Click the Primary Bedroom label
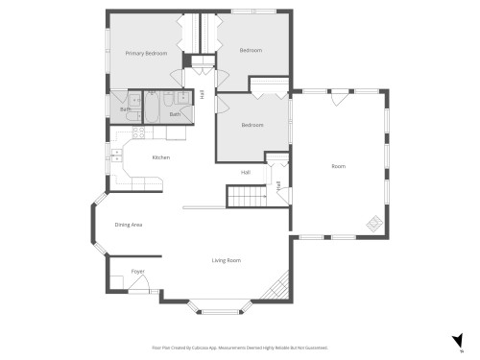click(146, 54)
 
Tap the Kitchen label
click(160, 157)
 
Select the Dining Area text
click(129, 225)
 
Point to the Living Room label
click(227, 260)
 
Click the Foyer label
click(137, 272)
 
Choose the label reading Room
click(338, 166)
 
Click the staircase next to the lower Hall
click(247, 198)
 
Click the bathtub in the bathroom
click(169, 100)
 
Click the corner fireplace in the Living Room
click(279, 286)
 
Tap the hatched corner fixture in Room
click(373, 225)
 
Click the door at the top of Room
click(337, 96)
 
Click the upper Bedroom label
click(251, 50)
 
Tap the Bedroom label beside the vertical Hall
click(252, 125)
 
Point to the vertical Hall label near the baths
click(203, 93)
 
